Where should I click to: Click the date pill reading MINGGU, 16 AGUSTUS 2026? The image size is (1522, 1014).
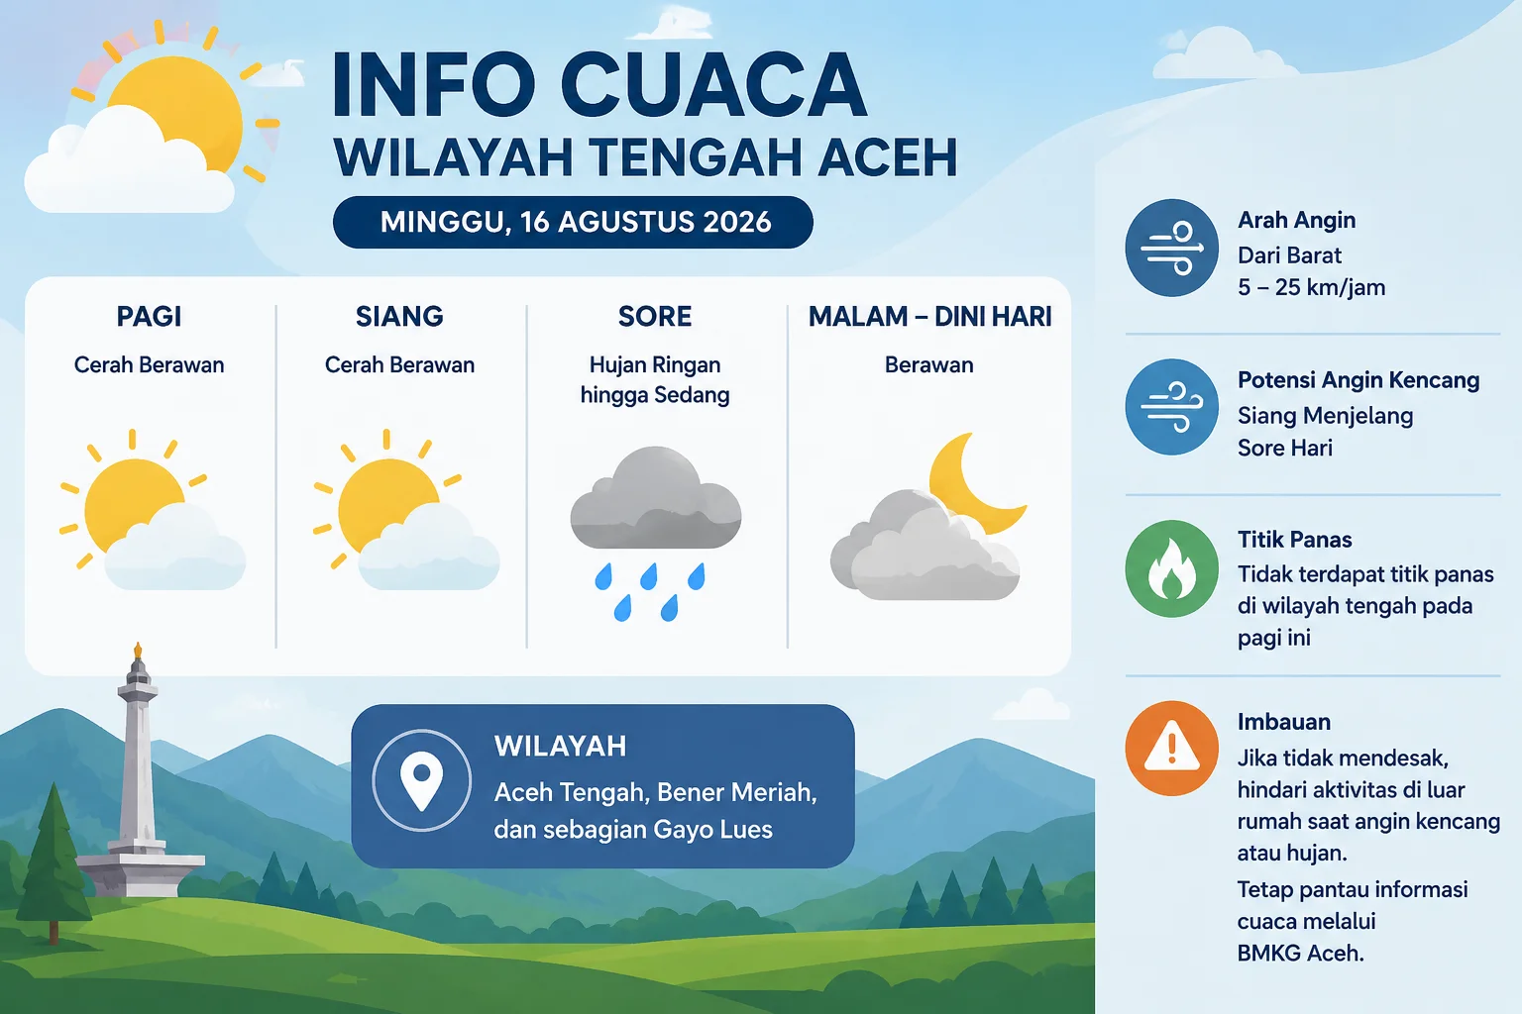(x=573, y=222)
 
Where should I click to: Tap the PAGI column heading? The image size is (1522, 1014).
(x=149, y=317)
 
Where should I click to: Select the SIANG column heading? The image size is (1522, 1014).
(x=399, y=317)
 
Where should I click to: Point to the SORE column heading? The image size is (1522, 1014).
(x=655, y=317)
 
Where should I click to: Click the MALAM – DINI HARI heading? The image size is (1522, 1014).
(x=929, y=317)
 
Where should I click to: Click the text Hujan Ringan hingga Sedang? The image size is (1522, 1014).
(x=655, y=379)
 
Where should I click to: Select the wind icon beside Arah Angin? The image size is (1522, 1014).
(x=1171, y=248)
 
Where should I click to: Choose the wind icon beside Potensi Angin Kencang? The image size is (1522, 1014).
(x=1171, y=407)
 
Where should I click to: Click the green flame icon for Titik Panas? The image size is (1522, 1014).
(x=1171, y=568)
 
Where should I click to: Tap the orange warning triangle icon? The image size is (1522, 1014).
(x=1171, y=748)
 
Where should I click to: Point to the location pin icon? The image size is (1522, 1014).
(x=421, y=780)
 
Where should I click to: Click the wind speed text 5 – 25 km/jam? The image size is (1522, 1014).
(x=1311, y=287)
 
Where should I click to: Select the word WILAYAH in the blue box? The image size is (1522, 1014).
(x=561, y=747)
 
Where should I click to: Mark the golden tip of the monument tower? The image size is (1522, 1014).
(x=138, y=650)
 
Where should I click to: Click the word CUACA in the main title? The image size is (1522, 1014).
(x=713, y=85)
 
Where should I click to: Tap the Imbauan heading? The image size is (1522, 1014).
(x=1283, y=721)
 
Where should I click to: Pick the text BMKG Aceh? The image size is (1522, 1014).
(x=1300, y=953)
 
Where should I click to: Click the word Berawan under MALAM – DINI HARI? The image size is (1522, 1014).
(x=928, y=364)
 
